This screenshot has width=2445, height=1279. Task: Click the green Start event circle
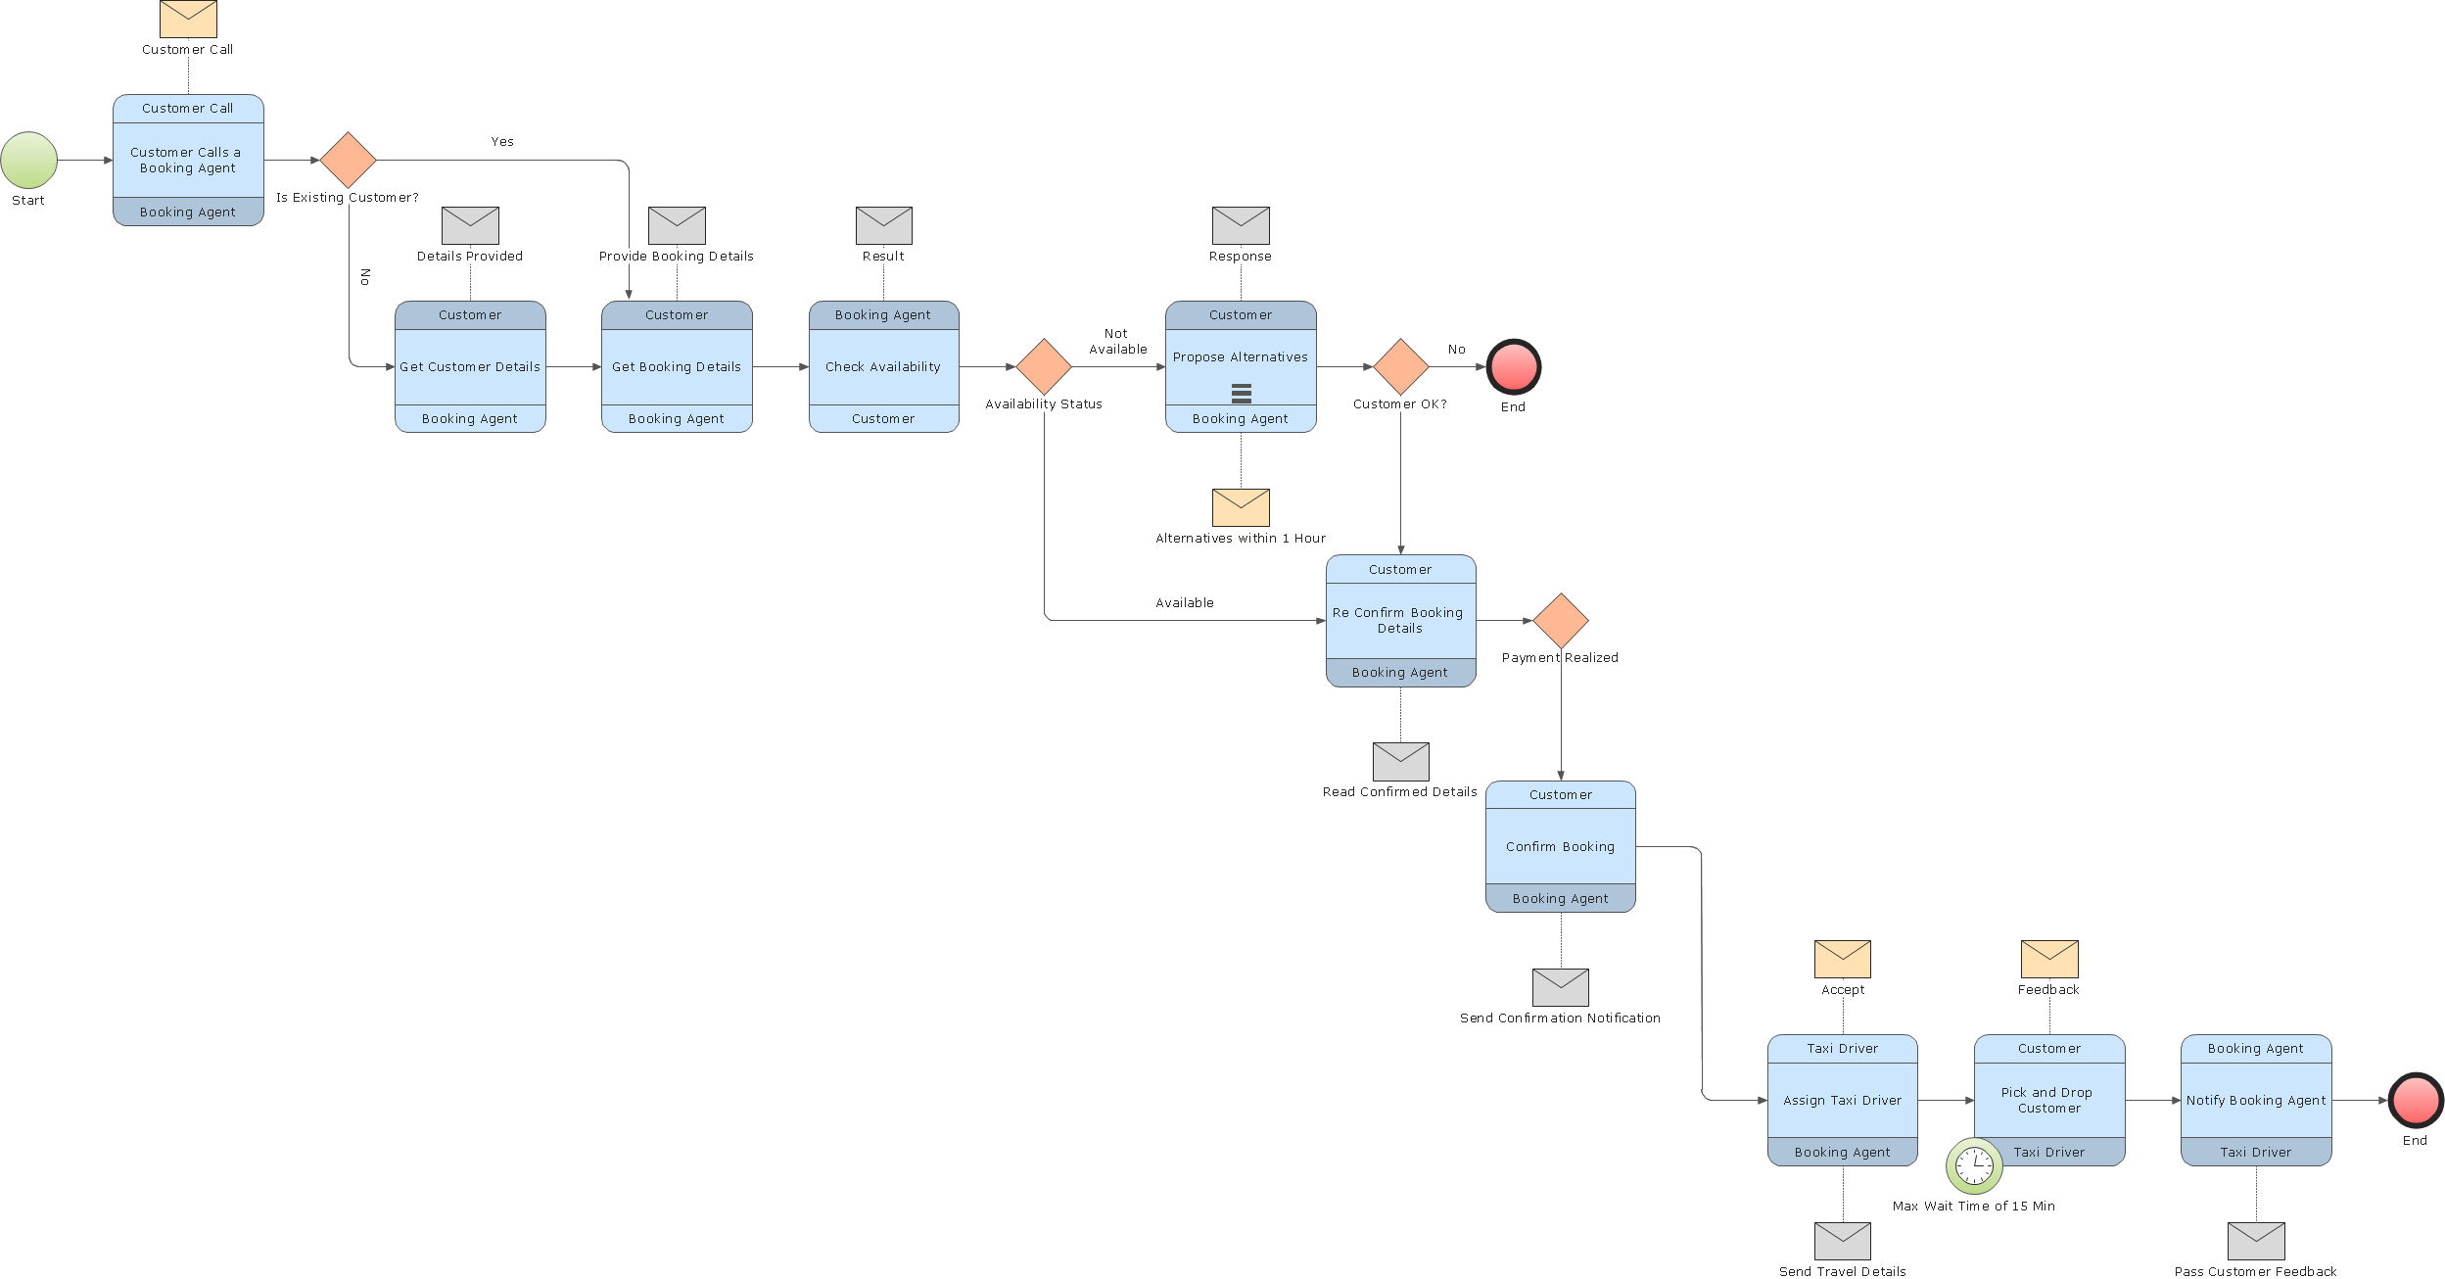click(x=29, y=161)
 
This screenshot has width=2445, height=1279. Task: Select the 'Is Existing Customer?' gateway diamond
click(x=349, y=161)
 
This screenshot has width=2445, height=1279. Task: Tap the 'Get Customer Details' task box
click(x=470, y=367)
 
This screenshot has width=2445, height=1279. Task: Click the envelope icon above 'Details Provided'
click(x=470, y=225)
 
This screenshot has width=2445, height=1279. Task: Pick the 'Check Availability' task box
click(x=883, y=367)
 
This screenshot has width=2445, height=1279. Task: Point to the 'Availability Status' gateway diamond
click(x=1044, y=367)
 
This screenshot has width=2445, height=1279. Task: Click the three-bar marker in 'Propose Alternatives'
click(x=1241, y=394)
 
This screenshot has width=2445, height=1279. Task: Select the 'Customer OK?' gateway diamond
click(x=1400, y=367)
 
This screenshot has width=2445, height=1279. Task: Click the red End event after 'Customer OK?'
click(x=1514, y=367)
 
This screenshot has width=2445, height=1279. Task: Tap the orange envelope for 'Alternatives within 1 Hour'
click(x=1241, y=507)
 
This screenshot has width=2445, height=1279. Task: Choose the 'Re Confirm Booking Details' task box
click(x=1400, y=621)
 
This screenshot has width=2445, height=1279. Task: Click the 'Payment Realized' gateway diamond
click(x=1561, y=621)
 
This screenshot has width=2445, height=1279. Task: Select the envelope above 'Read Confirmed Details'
click(x=1400, y=761)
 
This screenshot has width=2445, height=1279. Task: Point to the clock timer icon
click(x=1974, y=1165)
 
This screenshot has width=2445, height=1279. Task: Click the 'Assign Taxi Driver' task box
click(x=1842, y=1101)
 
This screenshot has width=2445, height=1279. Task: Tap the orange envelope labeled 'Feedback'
click(x=2049, y=959)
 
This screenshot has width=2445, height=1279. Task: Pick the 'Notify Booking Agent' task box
click(x=2256, y=1101)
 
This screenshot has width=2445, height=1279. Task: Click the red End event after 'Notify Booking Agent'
click(x=2416, y=1101)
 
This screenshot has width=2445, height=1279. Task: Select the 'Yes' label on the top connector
click(x=502, y=142)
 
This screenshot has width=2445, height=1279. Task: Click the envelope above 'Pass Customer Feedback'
click(x=2256, y=1241)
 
